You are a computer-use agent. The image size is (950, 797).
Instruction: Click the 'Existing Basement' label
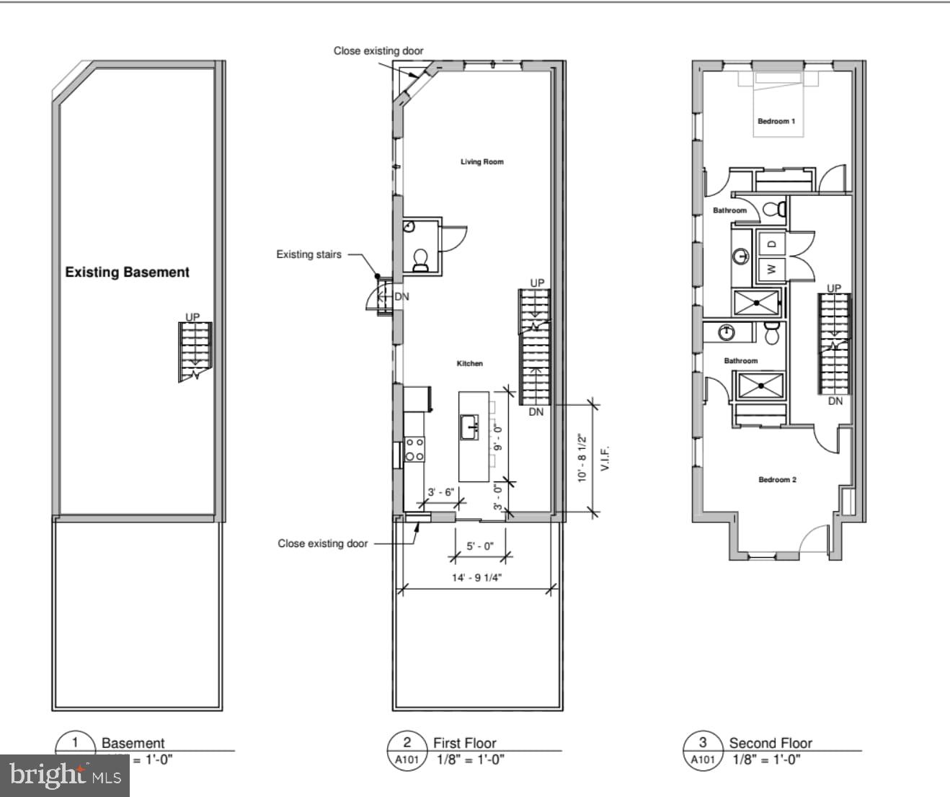tap(127, 272)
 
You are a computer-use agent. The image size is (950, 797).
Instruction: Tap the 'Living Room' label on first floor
tap(482, 161)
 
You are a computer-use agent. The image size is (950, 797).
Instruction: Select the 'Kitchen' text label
tap(469, 363)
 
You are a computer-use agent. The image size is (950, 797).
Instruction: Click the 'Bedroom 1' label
tap(776, 121)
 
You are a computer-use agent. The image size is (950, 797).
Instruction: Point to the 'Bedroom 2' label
tap(777, 479)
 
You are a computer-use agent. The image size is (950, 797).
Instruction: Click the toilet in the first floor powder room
tap(420, 260)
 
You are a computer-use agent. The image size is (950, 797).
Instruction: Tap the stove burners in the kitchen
tap(414, 449)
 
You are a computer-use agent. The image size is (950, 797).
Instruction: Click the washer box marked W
tap(771, 269)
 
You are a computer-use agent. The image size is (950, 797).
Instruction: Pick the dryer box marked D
tap(771, 244)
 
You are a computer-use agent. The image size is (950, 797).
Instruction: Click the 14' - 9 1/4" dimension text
tap(476, 578)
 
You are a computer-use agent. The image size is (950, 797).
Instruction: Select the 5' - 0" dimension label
tap(479, 546)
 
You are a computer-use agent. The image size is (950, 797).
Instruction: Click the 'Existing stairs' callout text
tap(308, 254)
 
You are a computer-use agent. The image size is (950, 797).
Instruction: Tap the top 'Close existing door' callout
tap(378, 50)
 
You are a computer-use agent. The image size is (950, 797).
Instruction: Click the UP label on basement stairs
tap(192, 317)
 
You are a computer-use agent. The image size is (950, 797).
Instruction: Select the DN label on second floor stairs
tap(835, 401)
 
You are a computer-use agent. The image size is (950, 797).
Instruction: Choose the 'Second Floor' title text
tap(770, 742)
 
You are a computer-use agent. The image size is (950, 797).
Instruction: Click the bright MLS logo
tap(65, 775)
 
